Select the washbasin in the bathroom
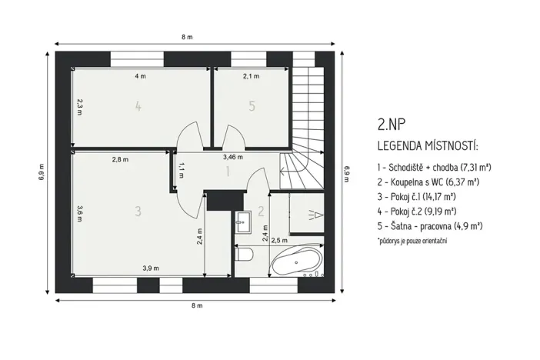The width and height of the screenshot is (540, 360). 244,220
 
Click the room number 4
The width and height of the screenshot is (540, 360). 138,107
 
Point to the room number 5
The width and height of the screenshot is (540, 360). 252,107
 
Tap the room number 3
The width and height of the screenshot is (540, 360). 138,211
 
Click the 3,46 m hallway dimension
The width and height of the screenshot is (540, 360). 232,156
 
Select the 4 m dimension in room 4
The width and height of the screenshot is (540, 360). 140,76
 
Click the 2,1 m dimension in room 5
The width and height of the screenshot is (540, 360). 251,76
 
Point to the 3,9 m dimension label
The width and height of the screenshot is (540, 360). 150,268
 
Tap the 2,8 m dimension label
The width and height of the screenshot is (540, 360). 120,159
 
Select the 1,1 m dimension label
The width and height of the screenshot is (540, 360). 181,170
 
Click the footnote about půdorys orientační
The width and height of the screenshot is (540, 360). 412,241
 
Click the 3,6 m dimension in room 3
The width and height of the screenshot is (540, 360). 79,213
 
